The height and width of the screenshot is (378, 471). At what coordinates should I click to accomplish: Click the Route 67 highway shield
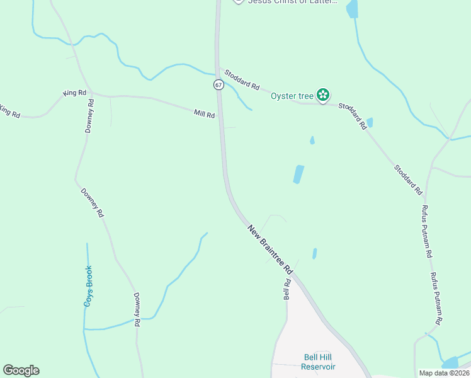coord(218,84)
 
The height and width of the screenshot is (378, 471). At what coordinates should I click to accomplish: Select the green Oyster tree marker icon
coord(323,95)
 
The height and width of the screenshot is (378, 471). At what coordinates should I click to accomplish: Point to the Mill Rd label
coord(205,114)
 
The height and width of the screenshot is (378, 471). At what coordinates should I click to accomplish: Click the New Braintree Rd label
coord(270,249)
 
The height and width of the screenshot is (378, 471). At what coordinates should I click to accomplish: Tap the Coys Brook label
coord(88,286)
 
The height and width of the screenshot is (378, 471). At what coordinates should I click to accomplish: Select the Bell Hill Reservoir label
coord(318,362)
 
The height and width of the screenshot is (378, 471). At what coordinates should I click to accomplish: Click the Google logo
coord(21,370)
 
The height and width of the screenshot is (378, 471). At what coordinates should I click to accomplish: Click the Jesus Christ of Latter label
coord(293,2)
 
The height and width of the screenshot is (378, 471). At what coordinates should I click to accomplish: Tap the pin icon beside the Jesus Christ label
coord(238,1)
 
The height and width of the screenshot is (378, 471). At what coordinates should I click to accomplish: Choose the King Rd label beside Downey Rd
coord(75,93)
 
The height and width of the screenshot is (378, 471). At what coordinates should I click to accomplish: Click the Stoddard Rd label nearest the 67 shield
coord(242,79)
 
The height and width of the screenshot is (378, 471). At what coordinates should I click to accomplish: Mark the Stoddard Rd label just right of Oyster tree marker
coord(353,116)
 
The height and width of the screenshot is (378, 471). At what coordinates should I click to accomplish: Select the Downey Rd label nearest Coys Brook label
coord(137,309)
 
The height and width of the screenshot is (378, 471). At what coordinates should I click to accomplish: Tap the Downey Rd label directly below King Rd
coord(90,115)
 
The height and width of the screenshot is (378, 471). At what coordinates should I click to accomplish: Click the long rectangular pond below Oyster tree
coord(298,175)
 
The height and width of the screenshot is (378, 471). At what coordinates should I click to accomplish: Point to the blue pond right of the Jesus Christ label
coord(351,8)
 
